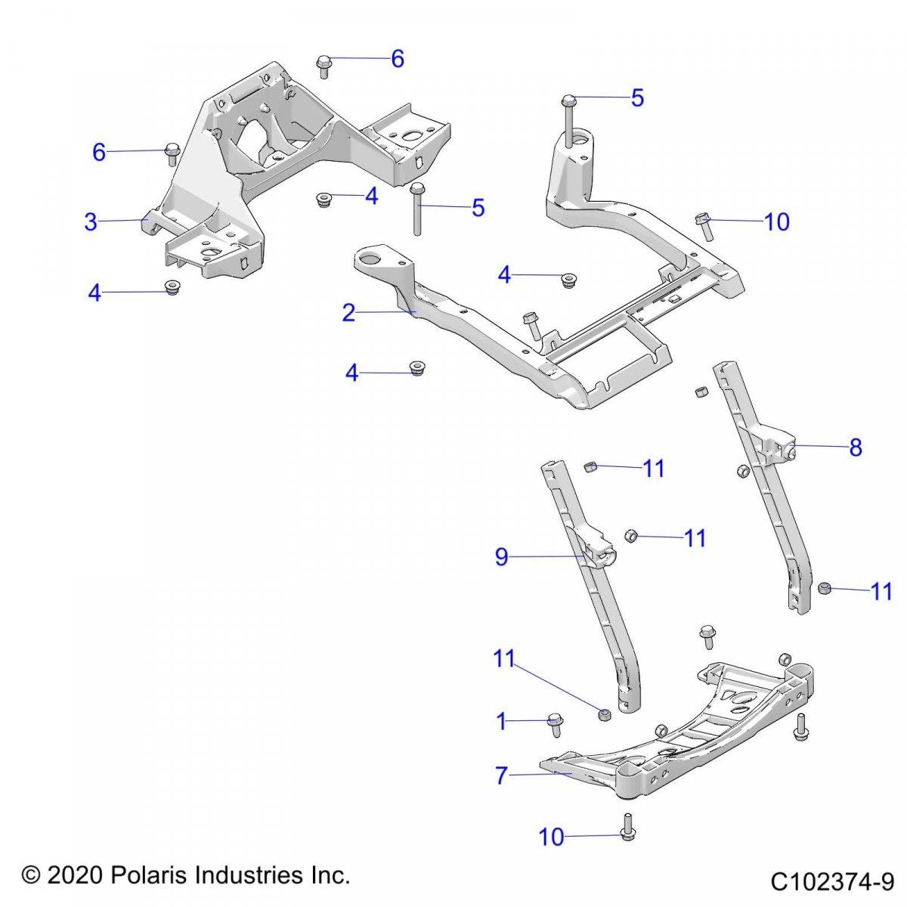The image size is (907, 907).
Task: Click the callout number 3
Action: [x=91, y=222]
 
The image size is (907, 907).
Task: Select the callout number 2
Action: [x=348, y=312]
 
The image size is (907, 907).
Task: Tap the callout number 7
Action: [x=501, y=775]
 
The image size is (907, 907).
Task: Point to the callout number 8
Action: [x=856, y=447]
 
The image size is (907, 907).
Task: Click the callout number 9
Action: [x=501, y=557]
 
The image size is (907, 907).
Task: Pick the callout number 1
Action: [x=501, y=722]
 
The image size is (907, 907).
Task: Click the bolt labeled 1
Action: [x=554, y=725]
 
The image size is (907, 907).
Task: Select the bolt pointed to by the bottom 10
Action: [x=628, y=827]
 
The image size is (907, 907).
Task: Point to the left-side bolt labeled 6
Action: [x=172, y=153]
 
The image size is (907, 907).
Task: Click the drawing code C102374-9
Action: [x=832, y=881]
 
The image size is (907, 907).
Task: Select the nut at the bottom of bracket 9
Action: [x=604, y=714]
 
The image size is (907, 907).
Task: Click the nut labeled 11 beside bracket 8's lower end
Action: [x=825, y=587]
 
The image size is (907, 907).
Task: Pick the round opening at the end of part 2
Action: [x=373, y=259]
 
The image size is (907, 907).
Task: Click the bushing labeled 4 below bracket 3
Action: [x=172, y=287]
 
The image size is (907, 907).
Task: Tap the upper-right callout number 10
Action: [x=777, y=222]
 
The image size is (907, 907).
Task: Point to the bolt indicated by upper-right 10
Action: [x=704, y=224]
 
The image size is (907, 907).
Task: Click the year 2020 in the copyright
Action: [x=76, y=875]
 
